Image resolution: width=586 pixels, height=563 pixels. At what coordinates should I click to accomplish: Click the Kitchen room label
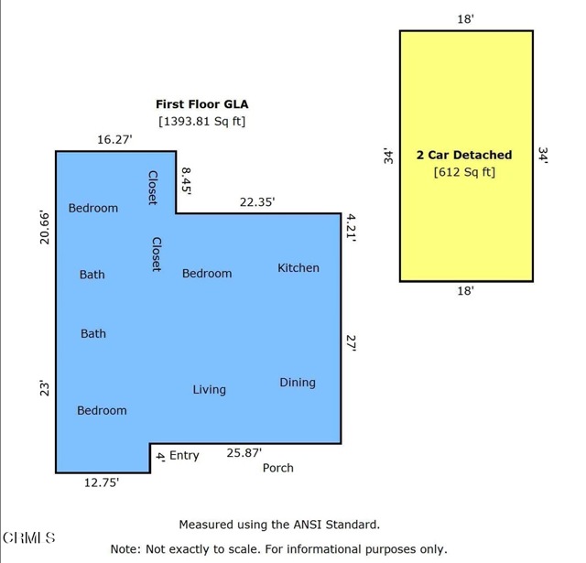(x=298, y=268)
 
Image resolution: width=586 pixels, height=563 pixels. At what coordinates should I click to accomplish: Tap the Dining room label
(x=298, y=383)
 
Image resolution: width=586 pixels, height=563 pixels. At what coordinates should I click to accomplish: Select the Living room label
(x=210, y=390)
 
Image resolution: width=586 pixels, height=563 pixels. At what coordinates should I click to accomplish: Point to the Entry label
(x=184, y=455)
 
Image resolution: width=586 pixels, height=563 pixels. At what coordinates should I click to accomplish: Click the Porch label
(x=278, y=468)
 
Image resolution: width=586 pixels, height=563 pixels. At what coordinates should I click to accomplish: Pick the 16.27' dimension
(x=114, y=140)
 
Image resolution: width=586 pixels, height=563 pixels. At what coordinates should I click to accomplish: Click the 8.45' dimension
(x=186, y=181)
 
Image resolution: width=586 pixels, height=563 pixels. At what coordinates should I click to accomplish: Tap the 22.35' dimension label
(x=257, y=202)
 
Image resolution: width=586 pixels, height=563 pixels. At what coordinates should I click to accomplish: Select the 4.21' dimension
(x=351, y=228)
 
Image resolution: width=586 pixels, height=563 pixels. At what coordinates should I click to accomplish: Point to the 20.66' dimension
(x=45, y=228)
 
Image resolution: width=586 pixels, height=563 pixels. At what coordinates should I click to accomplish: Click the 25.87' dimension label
(x=244, y=453)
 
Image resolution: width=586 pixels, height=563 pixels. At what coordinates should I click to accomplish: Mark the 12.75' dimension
(x=102, y=482)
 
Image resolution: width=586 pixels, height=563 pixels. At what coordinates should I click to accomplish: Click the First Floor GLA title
(x=202, y=104)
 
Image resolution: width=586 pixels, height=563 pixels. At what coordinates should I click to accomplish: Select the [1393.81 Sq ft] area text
(x=202, y=122)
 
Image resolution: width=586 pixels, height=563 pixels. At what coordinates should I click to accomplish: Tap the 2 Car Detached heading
(x=464, y=155)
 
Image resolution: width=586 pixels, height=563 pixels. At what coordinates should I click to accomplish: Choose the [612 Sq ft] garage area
(x=464, y=172)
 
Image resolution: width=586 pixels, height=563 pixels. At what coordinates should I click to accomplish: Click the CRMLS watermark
(x=29, y=537)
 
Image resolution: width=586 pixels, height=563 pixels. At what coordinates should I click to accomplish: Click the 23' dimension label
(x=45, y=388)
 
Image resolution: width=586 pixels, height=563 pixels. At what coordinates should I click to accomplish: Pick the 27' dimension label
(x=351, y=343)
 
